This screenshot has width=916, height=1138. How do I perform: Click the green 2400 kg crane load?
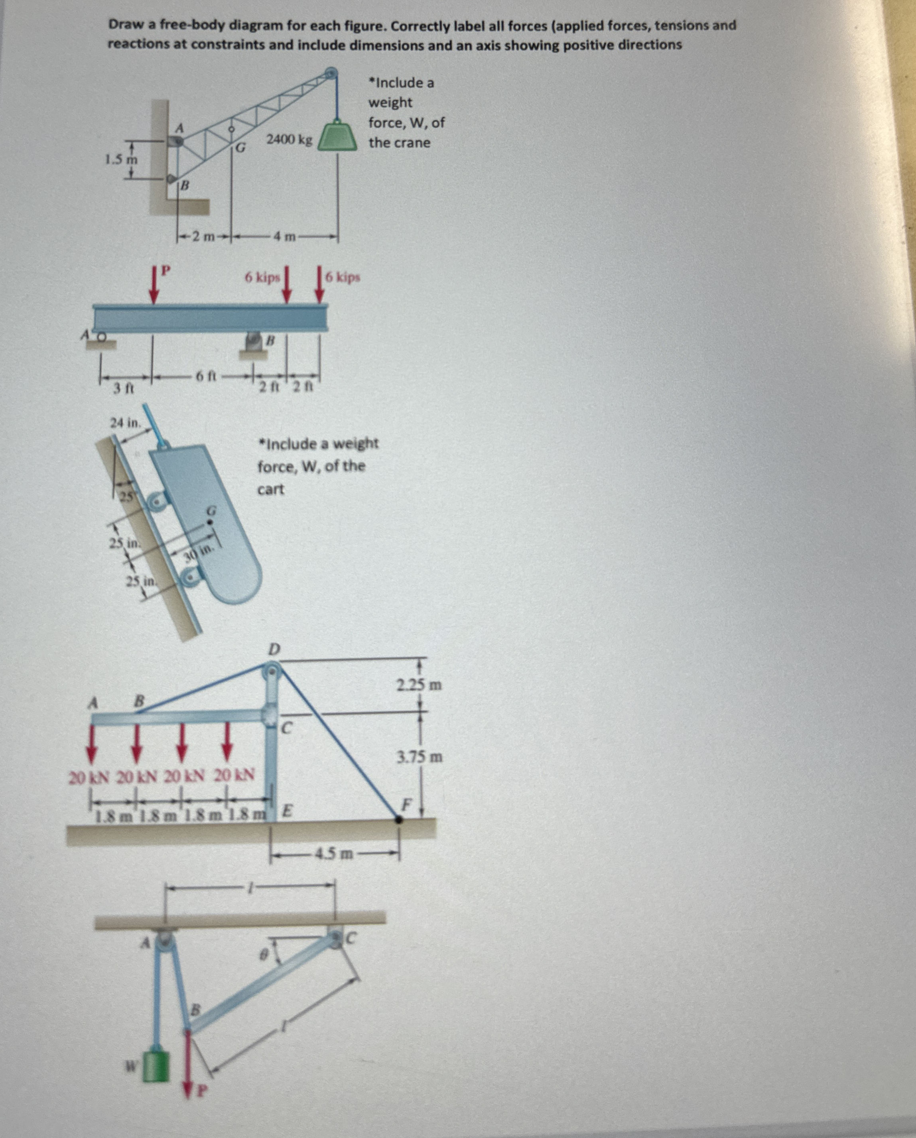pos(337,138)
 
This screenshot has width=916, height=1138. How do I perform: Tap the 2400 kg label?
pos(290,140)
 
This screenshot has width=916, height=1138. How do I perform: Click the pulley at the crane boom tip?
pos(331,73)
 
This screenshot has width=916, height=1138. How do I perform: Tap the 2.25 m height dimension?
pos(419,686)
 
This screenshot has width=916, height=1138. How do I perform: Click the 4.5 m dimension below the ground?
pos(335,853)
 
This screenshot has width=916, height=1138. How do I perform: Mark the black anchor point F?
pos(399,819)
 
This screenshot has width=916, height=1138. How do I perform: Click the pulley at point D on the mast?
pos(272,671)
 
